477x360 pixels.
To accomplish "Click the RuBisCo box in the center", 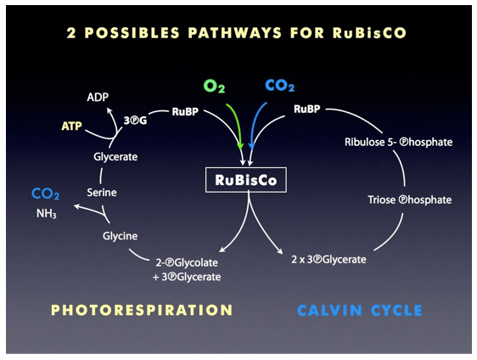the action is [246, 180].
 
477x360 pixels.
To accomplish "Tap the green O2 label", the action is [214, 86].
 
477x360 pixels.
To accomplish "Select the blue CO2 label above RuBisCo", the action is [279, 86].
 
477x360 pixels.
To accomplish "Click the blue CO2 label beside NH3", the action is [45, 194].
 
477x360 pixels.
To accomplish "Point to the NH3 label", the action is [46, 214].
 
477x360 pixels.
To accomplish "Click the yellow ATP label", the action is [71, 126].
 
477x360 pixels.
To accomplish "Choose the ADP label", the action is [98, 97].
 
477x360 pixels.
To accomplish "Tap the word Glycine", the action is [120, 236].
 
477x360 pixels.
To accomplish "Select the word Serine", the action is [102, 193].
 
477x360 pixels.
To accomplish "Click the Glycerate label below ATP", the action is [115, 157].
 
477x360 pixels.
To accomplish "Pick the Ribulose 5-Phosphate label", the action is [399, 142].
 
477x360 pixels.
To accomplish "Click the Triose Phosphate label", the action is [409, 200].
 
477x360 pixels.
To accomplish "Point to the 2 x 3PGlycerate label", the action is [328, 260].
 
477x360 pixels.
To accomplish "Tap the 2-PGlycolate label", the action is [187, 262].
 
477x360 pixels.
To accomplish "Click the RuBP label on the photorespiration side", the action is [185, 112].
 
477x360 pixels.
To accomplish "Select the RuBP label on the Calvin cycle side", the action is [306, 109].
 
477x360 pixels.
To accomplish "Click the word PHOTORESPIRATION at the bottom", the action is [142, 310].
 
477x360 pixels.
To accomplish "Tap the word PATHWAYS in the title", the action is [235, 33].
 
